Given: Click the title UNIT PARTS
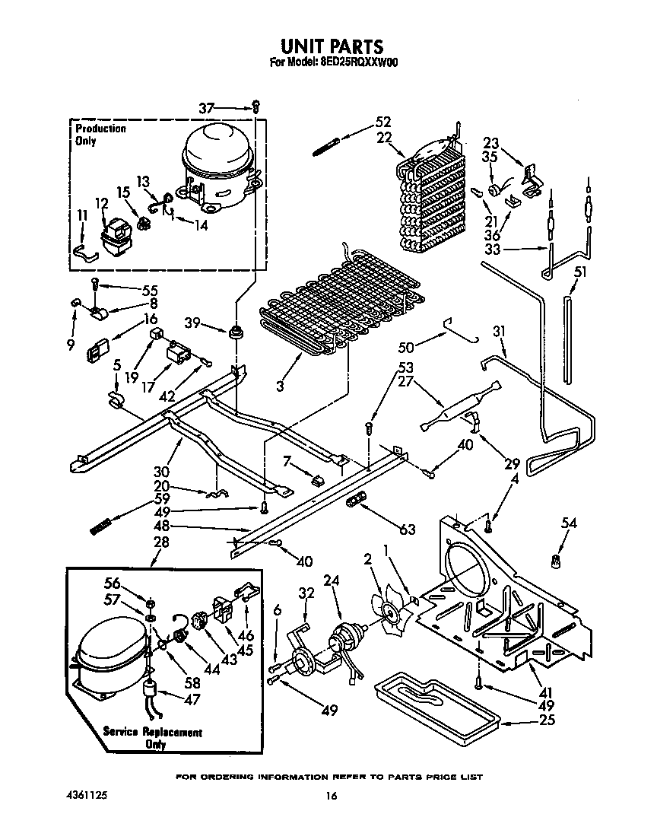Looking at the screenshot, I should coord(328,47).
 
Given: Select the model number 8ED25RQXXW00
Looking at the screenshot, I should coord(356,64).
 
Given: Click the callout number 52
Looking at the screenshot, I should coord(382,122).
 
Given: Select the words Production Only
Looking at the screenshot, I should coord(100,135).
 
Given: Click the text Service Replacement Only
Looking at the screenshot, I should coord(153,738).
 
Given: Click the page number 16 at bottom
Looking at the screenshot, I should coord(330,796).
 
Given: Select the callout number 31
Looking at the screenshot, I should coord(498,332).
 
